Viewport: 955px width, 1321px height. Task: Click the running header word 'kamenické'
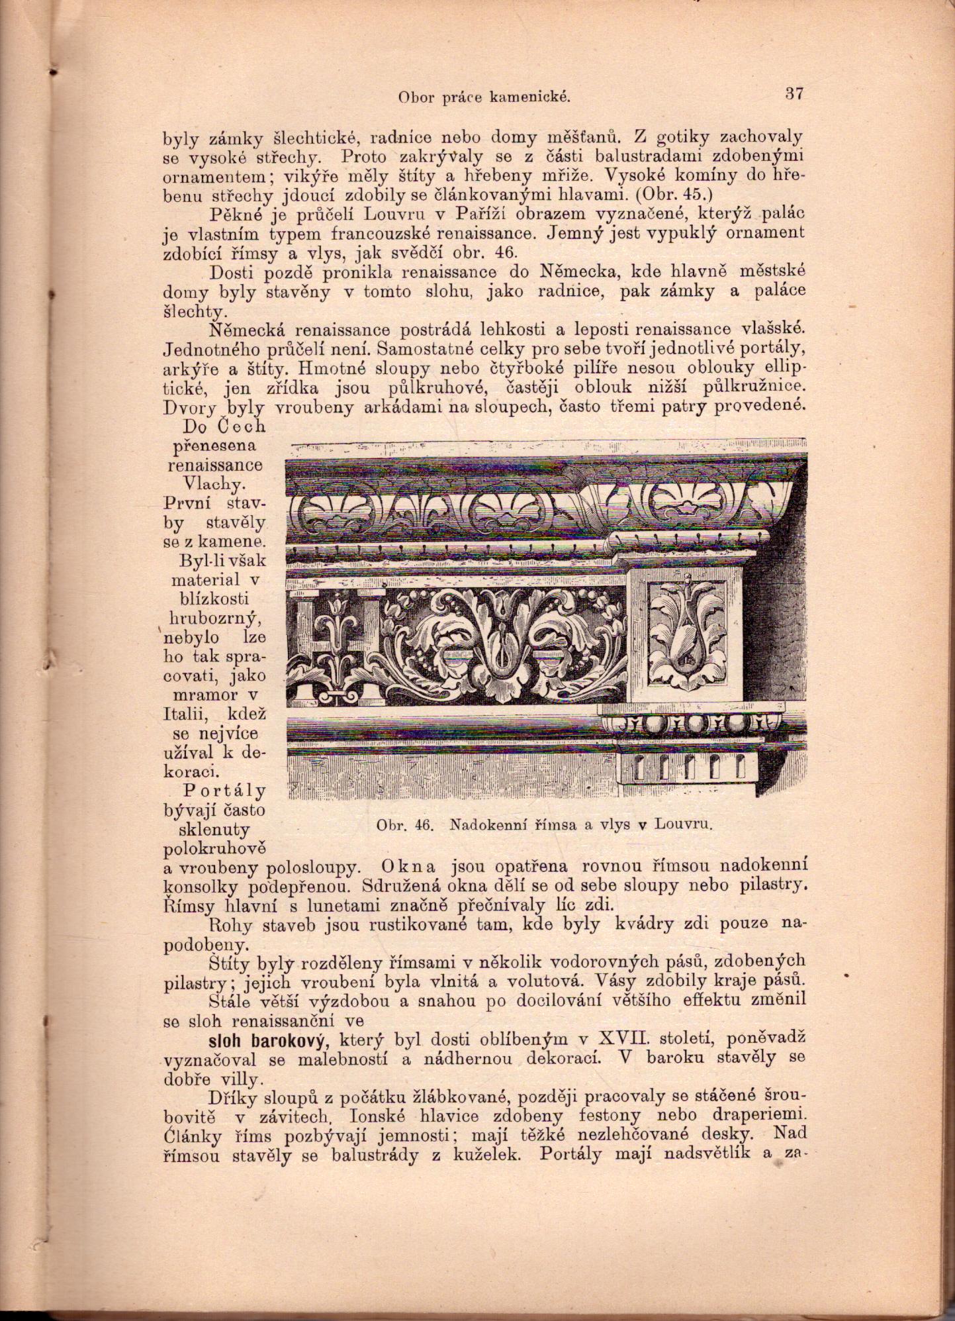529,98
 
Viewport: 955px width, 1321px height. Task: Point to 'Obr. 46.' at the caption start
404,825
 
